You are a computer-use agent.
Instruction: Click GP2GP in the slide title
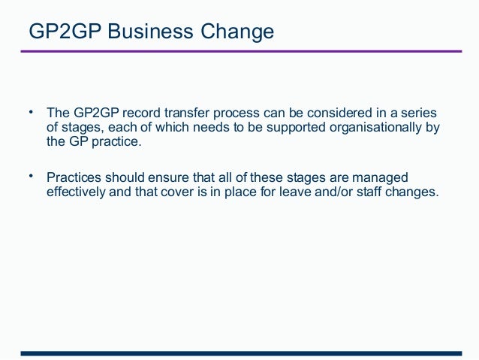[x=62, y=32]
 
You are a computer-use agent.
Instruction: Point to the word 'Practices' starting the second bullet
[x=74, y=178]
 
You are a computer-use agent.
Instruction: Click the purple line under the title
[x=240, y=51]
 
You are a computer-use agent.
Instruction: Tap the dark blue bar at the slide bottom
[x=240, y=352]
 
